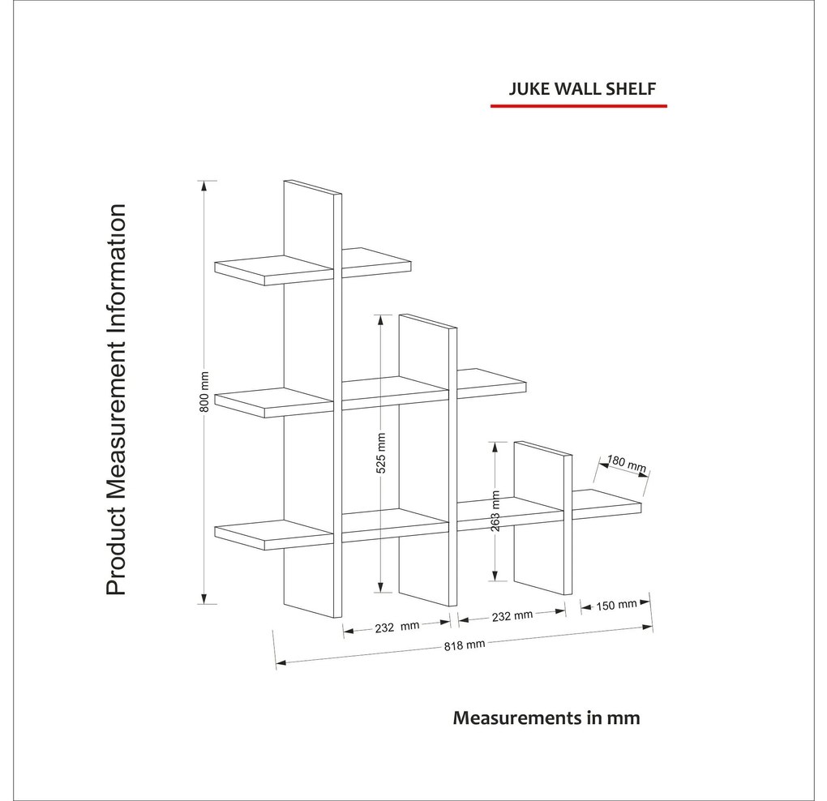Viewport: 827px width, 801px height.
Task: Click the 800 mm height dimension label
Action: click(x=205, y=392)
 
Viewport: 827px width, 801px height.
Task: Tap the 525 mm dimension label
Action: click(x=381, y=453)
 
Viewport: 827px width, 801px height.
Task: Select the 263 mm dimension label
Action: click(x=495, y=511)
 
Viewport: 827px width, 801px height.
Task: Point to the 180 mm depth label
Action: click(x=627, y=463)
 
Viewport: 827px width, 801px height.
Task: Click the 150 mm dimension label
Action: click(x=616, y=605)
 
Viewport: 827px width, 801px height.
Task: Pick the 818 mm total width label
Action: click(x=464, y=645)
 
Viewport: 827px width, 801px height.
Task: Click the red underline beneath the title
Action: click(x=579, y=106)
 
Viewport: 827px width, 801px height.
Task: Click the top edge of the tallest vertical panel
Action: click(x=312, y=188)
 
